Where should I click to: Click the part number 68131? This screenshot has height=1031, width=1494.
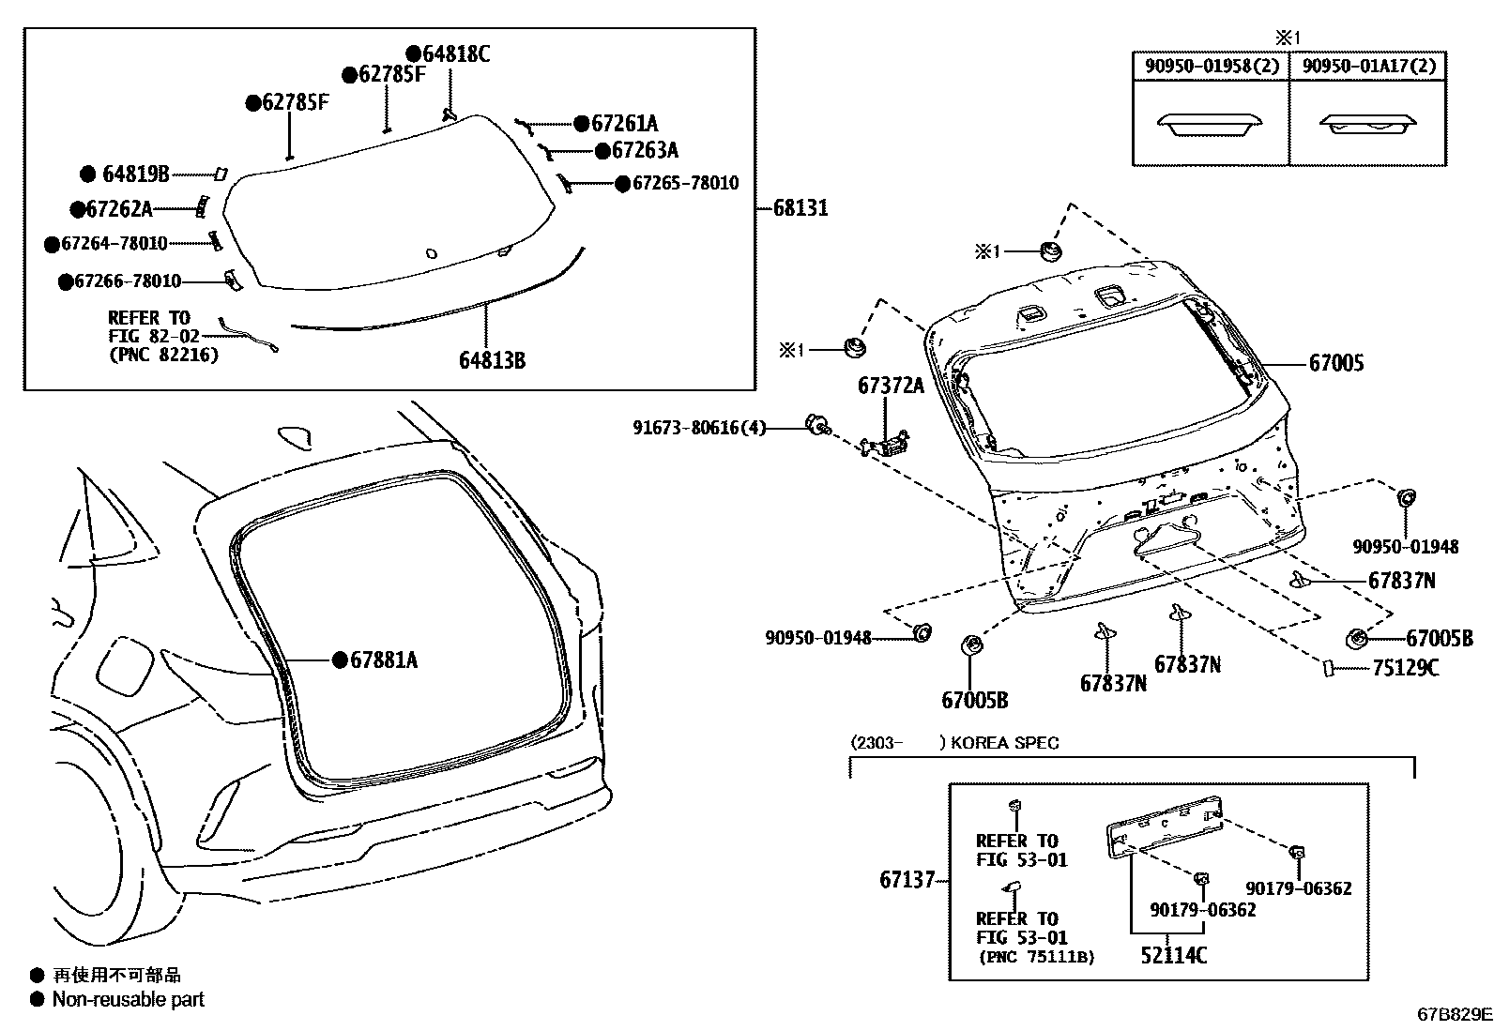click(800, 207)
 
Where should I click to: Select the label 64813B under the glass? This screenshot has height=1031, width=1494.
click(492, 359)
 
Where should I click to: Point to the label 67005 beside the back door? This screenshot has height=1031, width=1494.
click(1336, 363)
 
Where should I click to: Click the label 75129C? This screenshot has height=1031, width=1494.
click(1405, 668)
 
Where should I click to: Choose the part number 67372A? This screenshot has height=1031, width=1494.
click(890, 386)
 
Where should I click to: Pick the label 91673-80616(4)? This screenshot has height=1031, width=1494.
click(699, 428)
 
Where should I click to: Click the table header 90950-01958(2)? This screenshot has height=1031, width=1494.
click(1212, 66)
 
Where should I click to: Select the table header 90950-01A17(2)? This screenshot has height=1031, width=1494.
click(1369, 66)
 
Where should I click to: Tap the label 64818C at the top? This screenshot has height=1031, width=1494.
click(455, 54)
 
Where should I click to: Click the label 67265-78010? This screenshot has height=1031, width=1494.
click(685, 183)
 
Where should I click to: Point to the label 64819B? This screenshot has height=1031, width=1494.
click(135, 174)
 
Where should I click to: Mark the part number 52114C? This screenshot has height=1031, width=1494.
click(1173, 955)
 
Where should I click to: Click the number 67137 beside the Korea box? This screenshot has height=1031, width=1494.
click(907, 880)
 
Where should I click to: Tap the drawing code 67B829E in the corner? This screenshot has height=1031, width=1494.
click(1454, 1014)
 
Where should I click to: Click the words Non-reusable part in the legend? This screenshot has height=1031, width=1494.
click(128, 999)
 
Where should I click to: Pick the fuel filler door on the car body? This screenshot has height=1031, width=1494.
click(125, 665)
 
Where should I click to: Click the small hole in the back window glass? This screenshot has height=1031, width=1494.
click(431, 252)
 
